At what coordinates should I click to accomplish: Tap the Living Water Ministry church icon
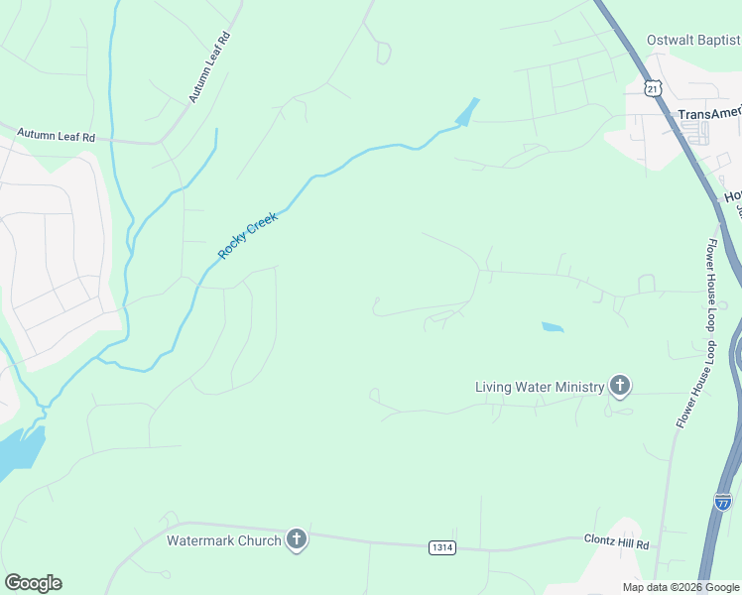[620, 386]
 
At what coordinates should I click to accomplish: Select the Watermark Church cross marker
[296, 539]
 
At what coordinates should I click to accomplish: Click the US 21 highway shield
[652, 88]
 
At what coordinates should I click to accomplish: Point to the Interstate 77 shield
[722, 503]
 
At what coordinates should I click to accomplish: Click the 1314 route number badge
[443, 546]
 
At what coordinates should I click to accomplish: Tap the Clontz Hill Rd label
[615, 544]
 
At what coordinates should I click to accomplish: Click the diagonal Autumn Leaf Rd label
[210, 67]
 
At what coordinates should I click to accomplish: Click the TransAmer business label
[708, 114]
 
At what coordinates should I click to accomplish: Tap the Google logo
[33, 583]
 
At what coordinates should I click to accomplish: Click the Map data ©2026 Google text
[680, 586]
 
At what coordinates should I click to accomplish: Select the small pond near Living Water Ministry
[553, 326]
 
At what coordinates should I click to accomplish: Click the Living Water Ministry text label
[540, 387]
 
